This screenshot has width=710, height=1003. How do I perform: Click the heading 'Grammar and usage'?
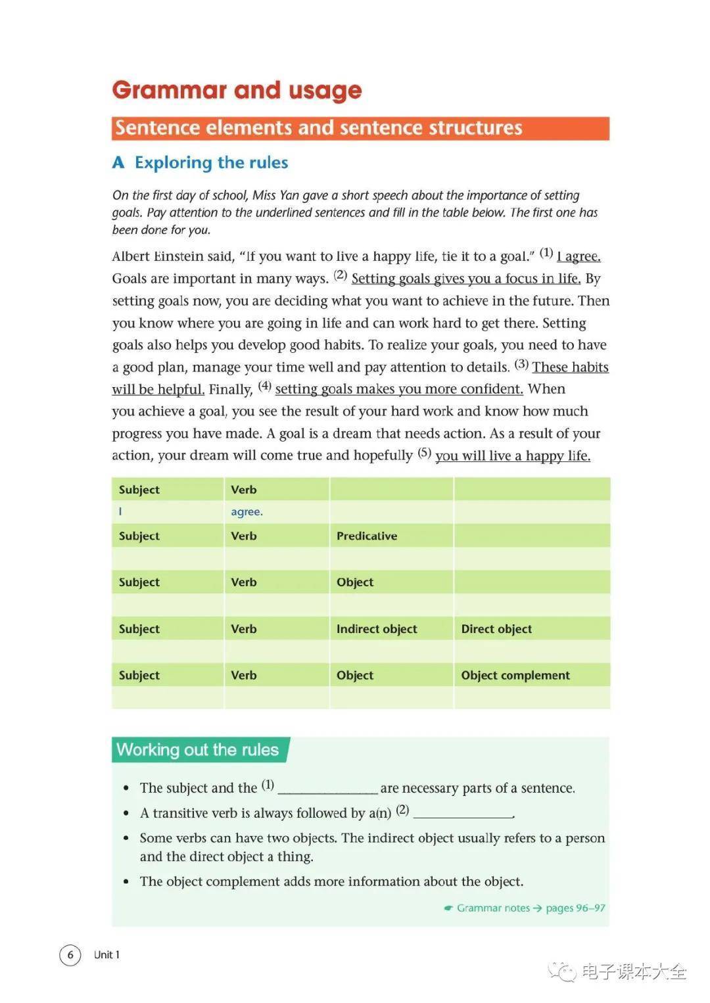pyautogui.click(x=237, y=90)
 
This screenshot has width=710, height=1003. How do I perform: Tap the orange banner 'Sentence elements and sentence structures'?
pyautogui.click(x=360, y=128)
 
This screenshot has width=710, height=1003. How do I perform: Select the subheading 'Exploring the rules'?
pyautogui.click(x=211, y=162)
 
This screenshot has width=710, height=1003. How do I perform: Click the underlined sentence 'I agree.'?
pyautogui.click(x=579, y=256)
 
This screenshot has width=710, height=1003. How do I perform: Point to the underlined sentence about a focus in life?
pyautogui.click(x=465, y=279)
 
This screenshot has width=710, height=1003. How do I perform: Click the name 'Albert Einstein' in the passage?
pyautogui.click(x=172, y=256)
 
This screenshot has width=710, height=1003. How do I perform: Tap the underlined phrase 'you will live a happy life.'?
pyautogui.click(x=513, y=455)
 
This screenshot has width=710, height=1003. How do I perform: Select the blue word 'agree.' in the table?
pyautogui.click(x=247, y=512)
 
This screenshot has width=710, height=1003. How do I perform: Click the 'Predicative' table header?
pyautogui.click(x=367, y=536)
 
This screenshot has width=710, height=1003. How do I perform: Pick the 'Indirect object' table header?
pyautogui.click(x=377, y=629)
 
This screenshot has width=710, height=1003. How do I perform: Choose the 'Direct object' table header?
pyautogui.click(x=496, y=629)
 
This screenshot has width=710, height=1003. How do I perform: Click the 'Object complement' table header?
pyautogui.click(x=515, y=675)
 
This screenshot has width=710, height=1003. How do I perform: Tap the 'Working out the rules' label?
pyautogui.click(x=198, y=750)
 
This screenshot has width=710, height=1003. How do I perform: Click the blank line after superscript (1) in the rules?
pyautogui.click(x=327, y=789)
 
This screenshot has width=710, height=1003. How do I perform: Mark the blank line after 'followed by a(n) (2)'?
pyautogui.click(x=463, y=814)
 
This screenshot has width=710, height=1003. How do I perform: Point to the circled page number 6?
pyautogui.click(x=70, y=954)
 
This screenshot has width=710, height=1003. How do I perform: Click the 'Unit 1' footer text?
pyautogui.click(x=106, y=954)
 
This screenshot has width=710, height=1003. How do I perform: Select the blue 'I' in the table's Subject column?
pyautogui.click(x=120, y=512)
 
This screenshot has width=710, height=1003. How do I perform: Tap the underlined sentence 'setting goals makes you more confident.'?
pyautogui.click(x=399, y=389)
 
